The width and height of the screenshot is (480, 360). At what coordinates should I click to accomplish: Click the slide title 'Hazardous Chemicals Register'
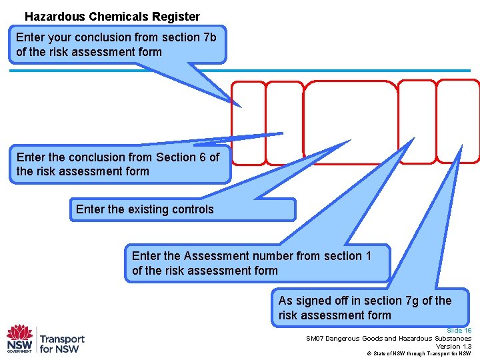112,17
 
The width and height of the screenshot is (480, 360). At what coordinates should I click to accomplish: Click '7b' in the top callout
209,37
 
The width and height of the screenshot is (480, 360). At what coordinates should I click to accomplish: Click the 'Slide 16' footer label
459,331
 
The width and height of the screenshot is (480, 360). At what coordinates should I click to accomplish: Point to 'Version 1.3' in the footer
453,346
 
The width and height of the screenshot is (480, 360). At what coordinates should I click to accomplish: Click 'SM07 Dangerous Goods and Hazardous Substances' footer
388,339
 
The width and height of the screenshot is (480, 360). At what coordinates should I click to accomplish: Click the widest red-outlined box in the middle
350,122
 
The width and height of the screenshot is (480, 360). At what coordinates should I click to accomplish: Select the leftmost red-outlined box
248,123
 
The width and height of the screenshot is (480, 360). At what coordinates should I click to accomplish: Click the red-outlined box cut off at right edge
458,121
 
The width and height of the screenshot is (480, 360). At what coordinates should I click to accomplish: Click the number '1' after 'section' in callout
368,256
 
